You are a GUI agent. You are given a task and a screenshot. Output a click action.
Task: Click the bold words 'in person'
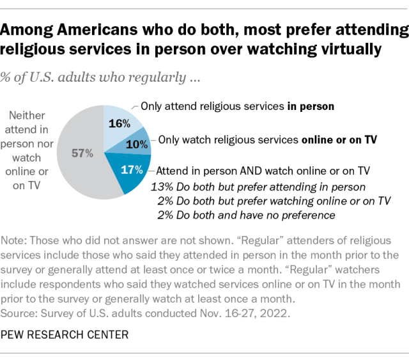coord(311,106)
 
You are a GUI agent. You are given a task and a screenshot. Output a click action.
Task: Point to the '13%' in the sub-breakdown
coord(160,187)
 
